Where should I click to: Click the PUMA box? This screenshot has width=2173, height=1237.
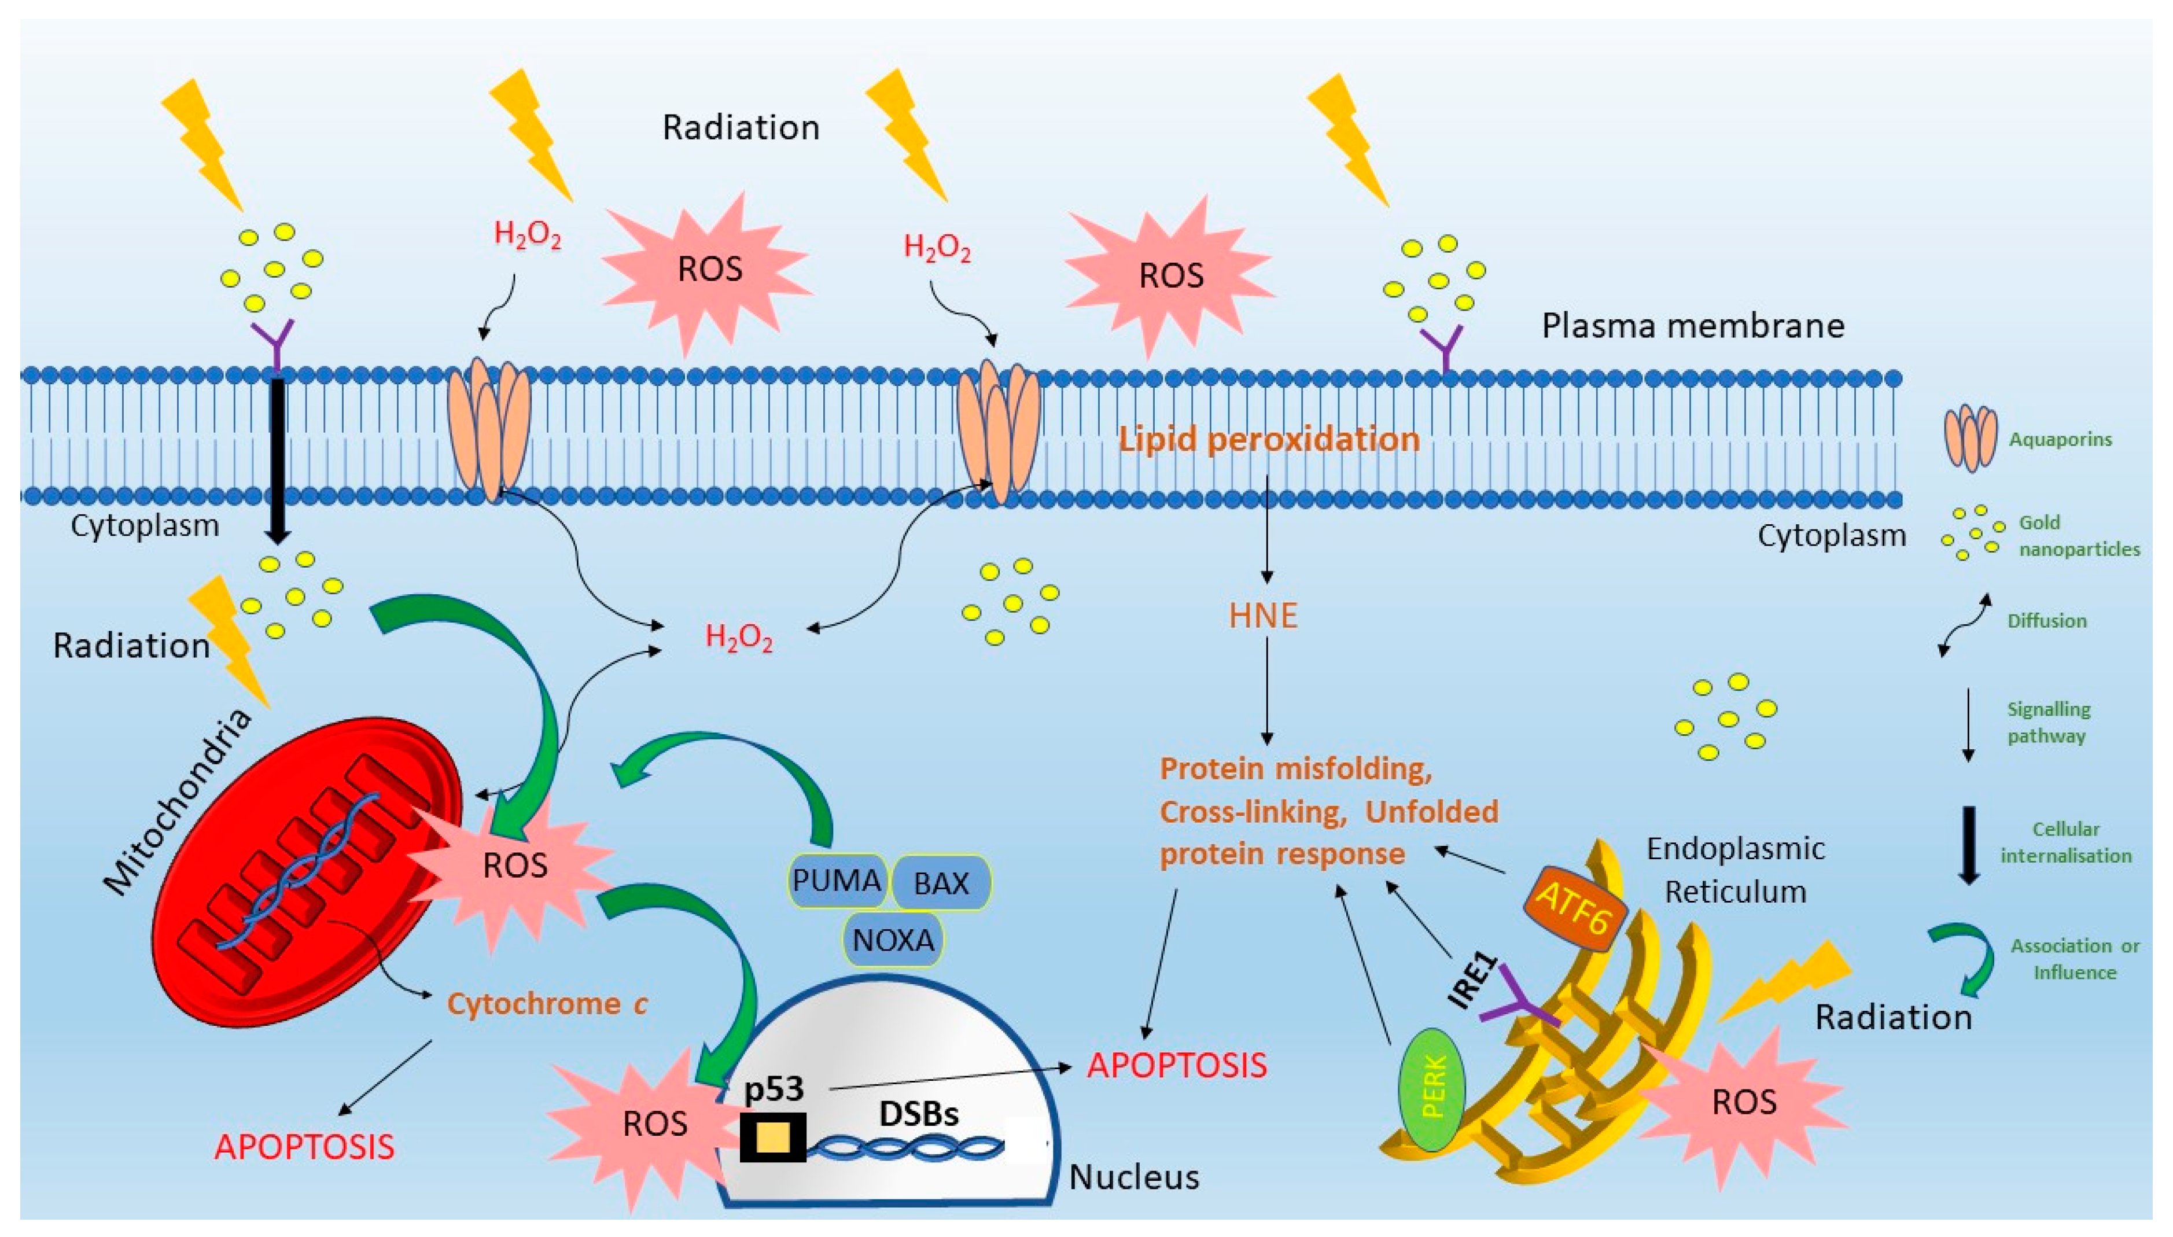coord(837,880)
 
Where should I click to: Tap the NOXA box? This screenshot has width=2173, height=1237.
coord(893,940)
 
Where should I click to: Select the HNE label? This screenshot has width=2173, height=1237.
coord(1263,616)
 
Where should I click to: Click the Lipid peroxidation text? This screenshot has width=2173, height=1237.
coord(1268,439)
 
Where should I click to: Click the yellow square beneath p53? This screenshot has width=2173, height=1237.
coord(772,1137)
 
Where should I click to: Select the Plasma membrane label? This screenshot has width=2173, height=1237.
coord(1692,325)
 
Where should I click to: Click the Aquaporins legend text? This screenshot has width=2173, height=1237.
coord(2060,439)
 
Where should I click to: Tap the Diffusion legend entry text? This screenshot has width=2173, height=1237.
coord(2046,621)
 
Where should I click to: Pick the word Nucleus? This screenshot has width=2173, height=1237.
coord(1134,1177)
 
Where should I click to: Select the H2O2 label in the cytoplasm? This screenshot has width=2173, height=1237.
coord(739,637)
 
